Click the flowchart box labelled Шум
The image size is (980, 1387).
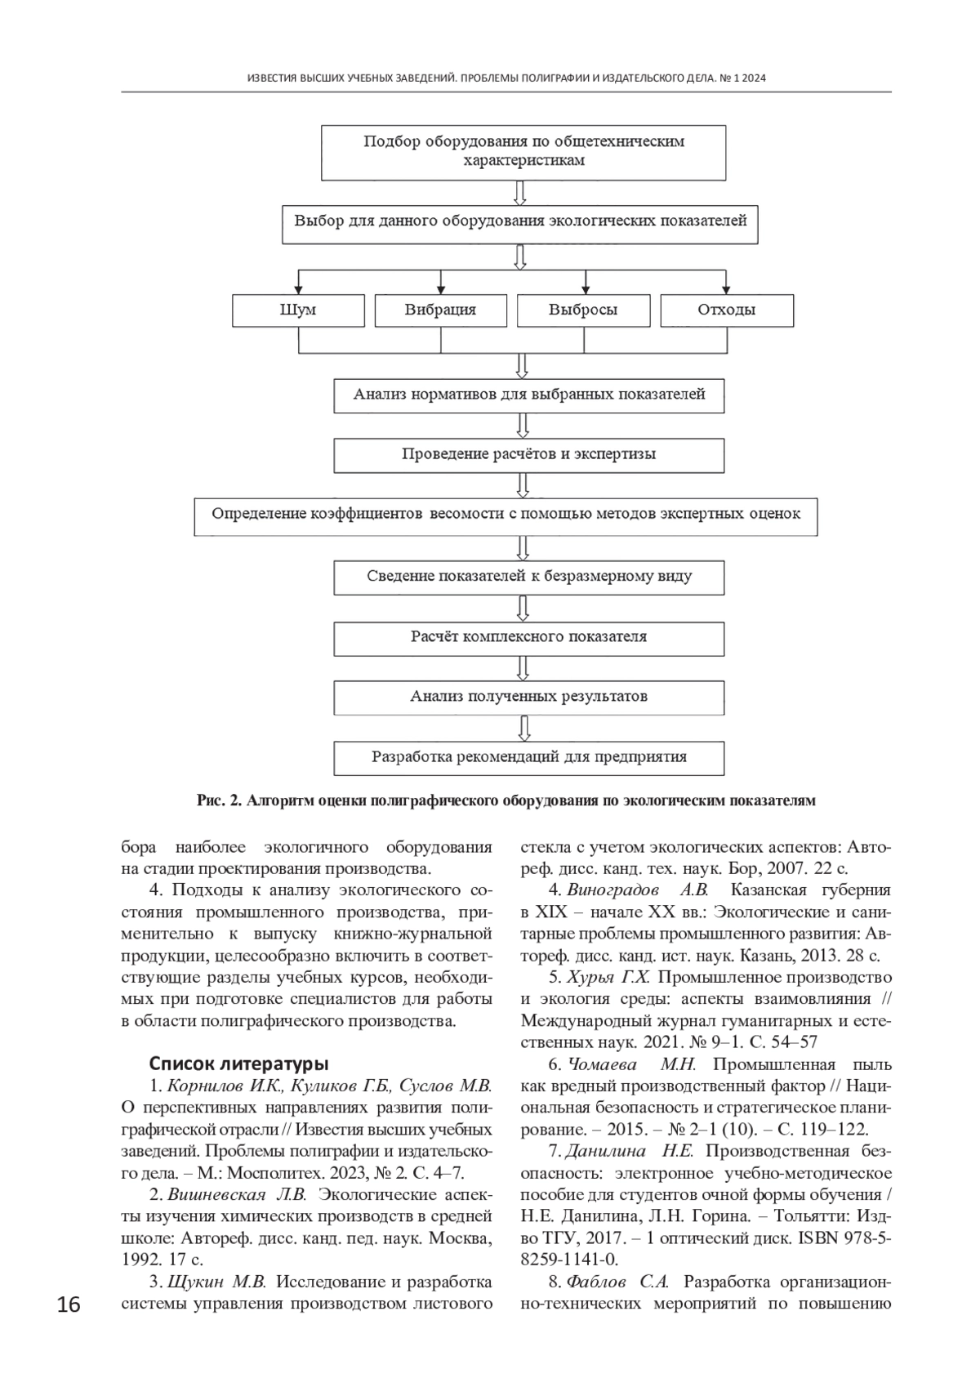(298, 310)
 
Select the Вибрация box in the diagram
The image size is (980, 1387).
(440, 310)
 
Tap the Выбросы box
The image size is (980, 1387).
(583, 310)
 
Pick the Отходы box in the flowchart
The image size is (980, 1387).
(726, 310)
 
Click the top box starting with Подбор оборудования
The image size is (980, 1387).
(523, 152)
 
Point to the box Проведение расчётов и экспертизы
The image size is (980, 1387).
(528, 455)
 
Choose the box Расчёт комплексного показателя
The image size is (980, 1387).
(528, 637)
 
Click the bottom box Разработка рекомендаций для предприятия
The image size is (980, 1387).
(528, 757)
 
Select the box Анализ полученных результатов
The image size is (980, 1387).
(528, 697)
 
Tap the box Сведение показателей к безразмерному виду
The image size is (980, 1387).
(528, 577)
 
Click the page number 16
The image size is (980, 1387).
(69, 1305)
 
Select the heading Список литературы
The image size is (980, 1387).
(238, 1064)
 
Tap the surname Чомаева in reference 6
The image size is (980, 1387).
(601, 1064)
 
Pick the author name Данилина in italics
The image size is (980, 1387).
(605, 1152)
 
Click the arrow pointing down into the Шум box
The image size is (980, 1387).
(299, 285)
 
